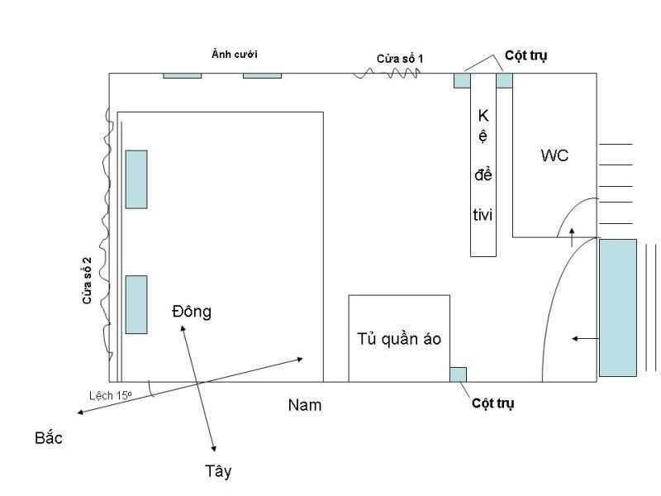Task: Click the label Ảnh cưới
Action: pos(235,55)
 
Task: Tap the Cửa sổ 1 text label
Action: pos(400,58)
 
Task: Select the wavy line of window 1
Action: pos(388,74)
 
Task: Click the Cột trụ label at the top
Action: pos(525,55)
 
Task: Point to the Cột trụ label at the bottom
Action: pos(493,403)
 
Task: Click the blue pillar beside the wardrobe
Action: pos(458,374)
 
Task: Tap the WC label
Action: pos(554,155)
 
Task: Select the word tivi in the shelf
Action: pos(483,214)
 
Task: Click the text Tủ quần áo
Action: pos(399,339)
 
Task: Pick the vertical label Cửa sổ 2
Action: pos(87,281)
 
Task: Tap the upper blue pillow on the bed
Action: pos(136,179)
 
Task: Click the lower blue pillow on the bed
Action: pos(136,304)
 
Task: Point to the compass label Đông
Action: pos(192,312)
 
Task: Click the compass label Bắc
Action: pos(49,437)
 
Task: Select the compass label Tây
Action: pos(218,471)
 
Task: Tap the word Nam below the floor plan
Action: pos(305,405)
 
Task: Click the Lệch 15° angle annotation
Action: pos(111,395)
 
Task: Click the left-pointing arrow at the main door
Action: pos(585,338)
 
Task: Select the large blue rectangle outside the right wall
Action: pos(618,307)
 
